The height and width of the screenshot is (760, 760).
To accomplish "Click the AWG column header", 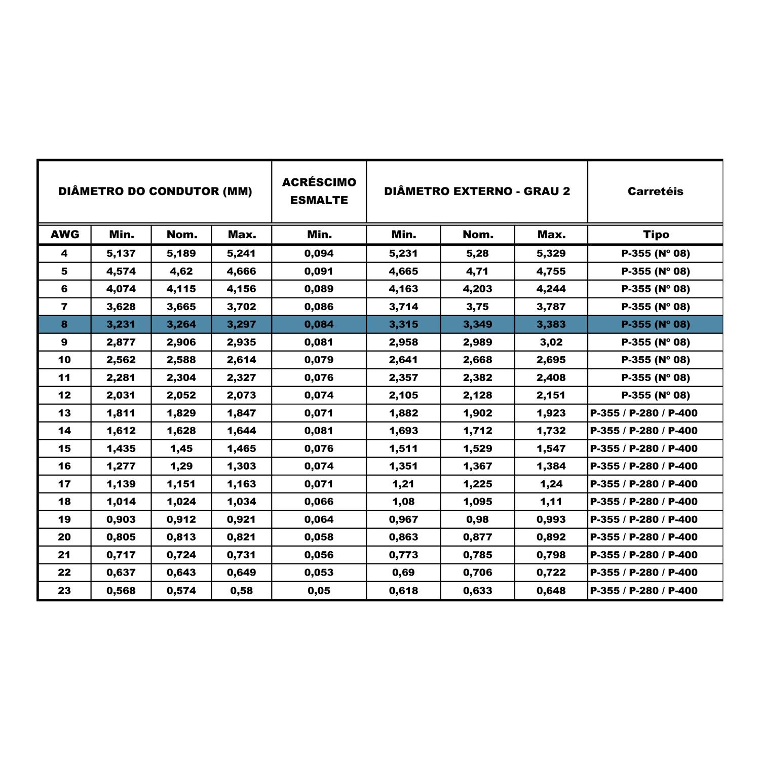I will click(65, 235).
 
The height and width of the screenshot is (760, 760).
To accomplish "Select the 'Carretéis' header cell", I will click(655, 192).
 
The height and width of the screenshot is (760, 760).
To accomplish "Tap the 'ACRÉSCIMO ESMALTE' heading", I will click(319, 191).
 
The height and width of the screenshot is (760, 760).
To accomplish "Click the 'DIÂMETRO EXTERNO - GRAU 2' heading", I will click(477, 192).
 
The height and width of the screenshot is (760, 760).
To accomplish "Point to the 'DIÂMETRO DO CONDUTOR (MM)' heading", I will click(155, 192).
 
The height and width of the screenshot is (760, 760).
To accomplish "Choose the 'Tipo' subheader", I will click(656, 235).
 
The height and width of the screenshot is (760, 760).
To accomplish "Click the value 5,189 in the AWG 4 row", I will click(181, 253).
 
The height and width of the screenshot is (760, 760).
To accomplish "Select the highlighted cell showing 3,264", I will click(181, 324).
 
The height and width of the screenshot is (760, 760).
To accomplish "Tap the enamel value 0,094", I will click(319, 253).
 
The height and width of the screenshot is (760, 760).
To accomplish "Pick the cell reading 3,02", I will click(551, 342).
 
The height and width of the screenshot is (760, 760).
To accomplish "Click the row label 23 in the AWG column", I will click(64, 590).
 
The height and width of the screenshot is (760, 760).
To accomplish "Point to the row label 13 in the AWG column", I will click(64, 413).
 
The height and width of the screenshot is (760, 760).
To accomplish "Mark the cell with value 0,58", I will click(241, 590).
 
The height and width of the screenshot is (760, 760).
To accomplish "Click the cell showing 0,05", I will click(319, 590).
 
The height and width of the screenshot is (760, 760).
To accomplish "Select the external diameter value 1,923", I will click(551, 413).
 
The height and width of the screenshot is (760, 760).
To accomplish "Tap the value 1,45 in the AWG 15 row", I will click(181, 448).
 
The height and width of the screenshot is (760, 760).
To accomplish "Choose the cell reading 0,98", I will click(477, 519).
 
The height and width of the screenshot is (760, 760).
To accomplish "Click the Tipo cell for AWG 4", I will click(656, 253).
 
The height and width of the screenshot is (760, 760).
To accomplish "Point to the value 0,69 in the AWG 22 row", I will click(403, 573).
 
